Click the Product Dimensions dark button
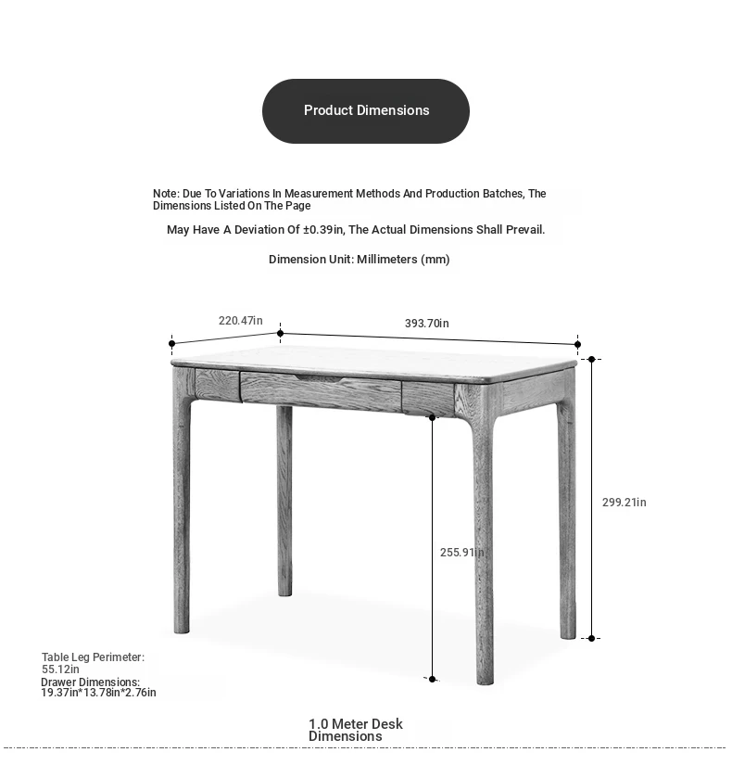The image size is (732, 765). click(366, 110)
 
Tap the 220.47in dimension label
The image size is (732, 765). click(240, 321)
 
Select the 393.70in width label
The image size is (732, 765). click(426, 324)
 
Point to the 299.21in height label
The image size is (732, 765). click(624, 503)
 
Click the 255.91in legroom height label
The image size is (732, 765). click(461, 553)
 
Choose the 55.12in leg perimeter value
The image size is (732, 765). click(60, 669)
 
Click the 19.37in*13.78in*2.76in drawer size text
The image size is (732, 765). click(98, 693)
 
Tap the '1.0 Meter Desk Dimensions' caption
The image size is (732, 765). click(355, 730)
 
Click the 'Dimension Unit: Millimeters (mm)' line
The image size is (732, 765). click(359, 260)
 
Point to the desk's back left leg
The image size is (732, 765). click(284, 501)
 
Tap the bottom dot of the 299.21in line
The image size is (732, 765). click(592, 638)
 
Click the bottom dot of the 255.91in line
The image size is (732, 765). click(432, 679)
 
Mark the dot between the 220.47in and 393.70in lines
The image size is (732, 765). click(281, 334)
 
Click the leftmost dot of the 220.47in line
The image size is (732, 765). click(172, 344)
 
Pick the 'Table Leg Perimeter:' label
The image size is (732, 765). click(93, 657)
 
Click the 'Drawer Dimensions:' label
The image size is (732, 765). click(90, 682)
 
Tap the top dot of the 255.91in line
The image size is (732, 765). click(432, 417)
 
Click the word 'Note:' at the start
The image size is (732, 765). click(166, 194)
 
